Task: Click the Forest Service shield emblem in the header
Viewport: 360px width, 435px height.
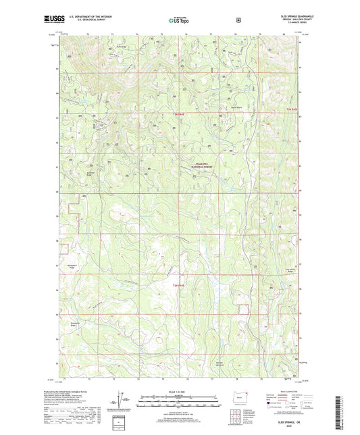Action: pos(238,20)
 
